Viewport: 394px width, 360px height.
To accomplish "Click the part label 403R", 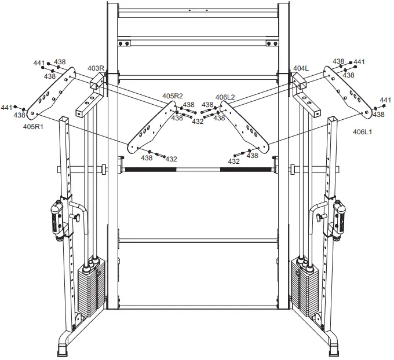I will pos(96,68).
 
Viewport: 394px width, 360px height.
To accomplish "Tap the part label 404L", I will pos(301,68).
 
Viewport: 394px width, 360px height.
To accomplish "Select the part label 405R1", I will pos(33,126).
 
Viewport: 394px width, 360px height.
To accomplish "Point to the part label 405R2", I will pos(172,96).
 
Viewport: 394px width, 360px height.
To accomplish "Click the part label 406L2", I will pos(225,97).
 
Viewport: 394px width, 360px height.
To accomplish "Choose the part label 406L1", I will pos(363,131).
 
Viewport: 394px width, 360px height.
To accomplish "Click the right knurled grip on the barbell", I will pos(244,170).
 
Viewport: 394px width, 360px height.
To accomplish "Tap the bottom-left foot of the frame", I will pos(63,349).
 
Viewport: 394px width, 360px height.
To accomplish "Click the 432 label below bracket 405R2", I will pos(171,159).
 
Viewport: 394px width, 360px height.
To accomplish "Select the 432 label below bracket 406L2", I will pos(234,161).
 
